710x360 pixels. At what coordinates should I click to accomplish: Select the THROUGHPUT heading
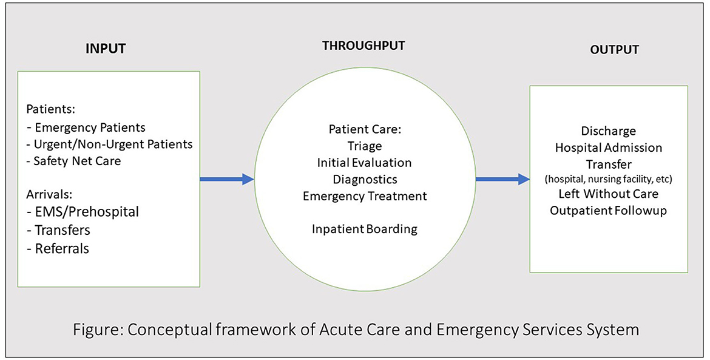point(363,46)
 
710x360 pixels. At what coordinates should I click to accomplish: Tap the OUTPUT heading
point(614,50)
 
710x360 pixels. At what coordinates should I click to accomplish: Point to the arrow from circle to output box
point(502,179)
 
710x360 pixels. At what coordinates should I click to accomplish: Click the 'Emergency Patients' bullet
point(89,128)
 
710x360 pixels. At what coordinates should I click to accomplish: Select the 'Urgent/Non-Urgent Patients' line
point(109,144)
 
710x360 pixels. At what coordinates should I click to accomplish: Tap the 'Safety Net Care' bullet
point(78,161)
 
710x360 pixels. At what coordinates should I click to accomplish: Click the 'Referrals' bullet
point(62,248)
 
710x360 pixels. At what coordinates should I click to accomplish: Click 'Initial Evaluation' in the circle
point(363,163)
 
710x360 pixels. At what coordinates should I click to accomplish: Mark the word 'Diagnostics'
point(364,179)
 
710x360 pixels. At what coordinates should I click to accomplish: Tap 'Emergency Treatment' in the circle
point(364,196)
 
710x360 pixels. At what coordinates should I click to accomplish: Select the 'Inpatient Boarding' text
point(364,229)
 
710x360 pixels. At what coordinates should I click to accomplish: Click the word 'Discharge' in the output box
point(608,131)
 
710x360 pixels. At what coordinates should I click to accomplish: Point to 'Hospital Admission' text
point(608,148)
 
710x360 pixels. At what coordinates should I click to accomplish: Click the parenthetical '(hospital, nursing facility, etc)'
point(608,180)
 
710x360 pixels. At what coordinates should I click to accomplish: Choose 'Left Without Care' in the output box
point(608,194)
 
